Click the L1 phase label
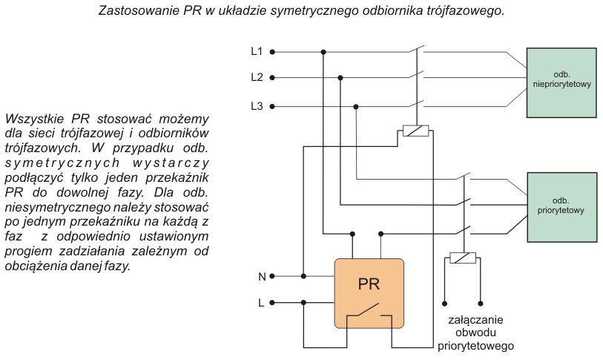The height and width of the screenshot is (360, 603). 257,51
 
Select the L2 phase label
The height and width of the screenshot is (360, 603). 257,77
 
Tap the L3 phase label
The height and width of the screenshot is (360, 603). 257,106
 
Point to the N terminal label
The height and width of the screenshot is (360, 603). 262,276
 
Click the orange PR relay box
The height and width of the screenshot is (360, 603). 369,293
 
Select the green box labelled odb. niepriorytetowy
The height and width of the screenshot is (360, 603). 561,83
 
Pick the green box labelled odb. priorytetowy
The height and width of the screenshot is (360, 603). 562,207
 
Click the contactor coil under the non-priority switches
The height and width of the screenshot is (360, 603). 415,131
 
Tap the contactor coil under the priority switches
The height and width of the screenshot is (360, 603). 463,258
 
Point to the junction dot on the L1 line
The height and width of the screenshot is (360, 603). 323,52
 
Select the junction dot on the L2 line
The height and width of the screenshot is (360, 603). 340,78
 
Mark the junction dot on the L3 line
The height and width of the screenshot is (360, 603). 356,107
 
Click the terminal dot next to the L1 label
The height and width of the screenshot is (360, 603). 272,52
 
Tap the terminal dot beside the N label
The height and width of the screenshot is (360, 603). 272,276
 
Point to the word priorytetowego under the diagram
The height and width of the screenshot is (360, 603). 475,346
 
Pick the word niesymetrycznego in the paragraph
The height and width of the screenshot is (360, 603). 58,207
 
